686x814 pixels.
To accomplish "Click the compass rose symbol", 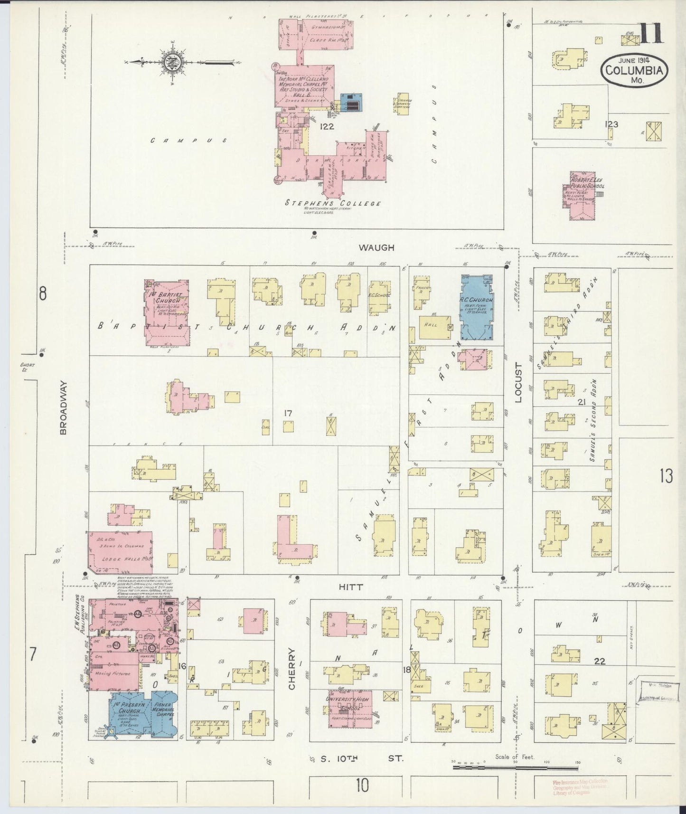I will coord(169,62).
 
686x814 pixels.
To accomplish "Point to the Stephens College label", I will coord(333,203).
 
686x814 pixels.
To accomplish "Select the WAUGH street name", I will coord(376,247).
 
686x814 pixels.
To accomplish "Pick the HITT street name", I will coord(351,587).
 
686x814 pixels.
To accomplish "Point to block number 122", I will coord(327,126).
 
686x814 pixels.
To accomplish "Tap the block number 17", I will coord(288,413).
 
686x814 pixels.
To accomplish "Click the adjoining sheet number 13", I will coord(666,475).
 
